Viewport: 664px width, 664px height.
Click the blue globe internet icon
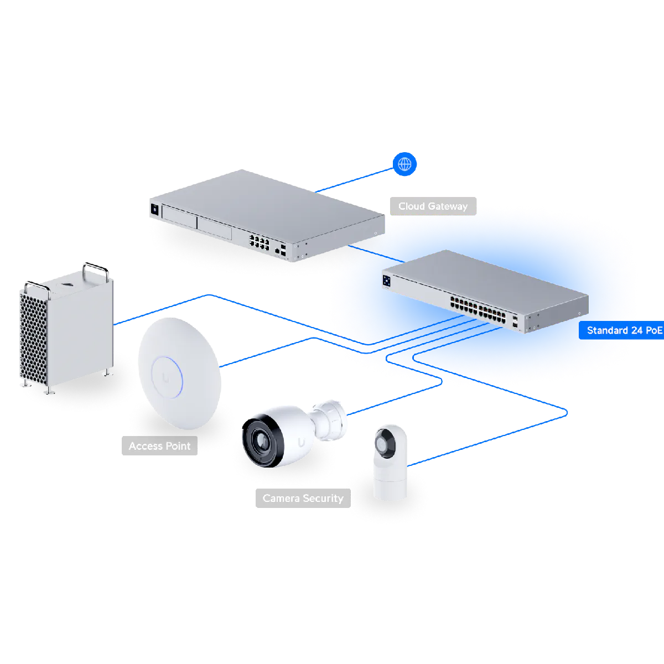tap(405, 164)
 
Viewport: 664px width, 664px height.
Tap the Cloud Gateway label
tap(433, 206)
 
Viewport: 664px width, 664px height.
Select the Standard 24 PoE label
tap(624, 330)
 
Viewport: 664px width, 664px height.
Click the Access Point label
tap(159, 446)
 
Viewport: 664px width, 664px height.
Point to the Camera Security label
tap(303, 499)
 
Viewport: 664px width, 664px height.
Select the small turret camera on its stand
tap(390, 462)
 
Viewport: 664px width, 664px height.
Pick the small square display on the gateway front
tap(154, 210)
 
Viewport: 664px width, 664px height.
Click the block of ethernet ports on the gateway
tap(260, 242)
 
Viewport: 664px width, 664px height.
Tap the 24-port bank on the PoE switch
tap(478, 310)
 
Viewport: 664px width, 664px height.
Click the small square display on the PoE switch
tap(387, 281)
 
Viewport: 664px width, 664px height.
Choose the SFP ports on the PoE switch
tap(516, 324)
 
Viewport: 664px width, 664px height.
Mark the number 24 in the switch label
tap(636, 330)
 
